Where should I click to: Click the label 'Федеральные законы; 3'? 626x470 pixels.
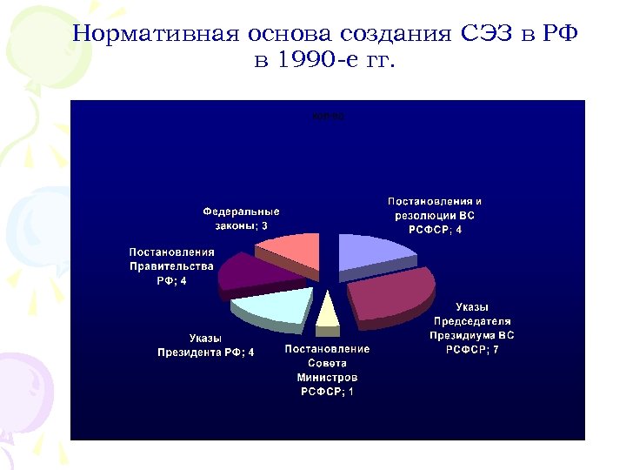(241, 218)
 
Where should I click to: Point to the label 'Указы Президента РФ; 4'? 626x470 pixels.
(205, 346)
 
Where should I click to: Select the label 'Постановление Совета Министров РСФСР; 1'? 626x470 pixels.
(327, 371)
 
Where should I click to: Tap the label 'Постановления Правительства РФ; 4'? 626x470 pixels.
(171, 266)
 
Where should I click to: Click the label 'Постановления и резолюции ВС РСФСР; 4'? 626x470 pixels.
(435, 216)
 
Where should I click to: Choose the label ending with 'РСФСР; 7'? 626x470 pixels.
(472, 328)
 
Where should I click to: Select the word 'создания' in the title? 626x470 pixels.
(394, 35)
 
